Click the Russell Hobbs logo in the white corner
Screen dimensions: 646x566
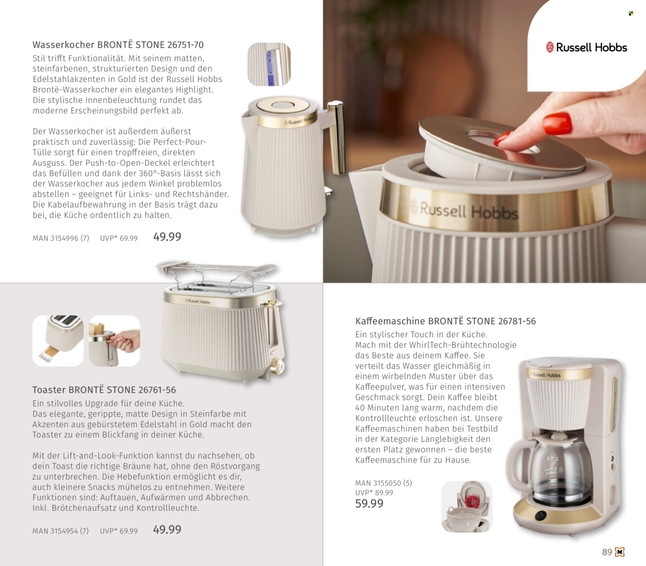click(x=587, y=48)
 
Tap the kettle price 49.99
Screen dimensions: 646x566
click(x=167, y=237)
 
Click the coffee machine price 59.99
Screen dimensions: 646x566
click(x=369, y=503)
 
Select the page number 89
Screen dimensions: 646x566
click(x=607, y=552)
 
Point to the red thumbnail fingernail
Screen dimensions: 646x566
click(x=557, y=123)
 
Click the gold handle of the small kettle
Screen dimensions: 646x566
click(x=337, y=136)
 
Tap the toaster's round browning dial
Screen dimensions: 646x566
click(x=277, y=367)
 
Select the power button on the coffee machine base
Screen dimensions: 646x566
click(x=540, y=515)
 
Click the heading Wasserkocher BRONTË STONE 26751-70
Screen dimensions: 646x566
click(x=118, y=45)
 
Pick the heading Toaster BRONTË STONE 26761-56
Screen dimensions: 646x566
click(x=104, y=390)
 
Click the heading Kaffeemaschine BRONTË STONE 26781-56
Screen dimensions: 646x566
click(x=445, y=321)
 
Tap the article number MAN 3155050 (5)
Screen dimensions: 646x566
click(x=383, y=483)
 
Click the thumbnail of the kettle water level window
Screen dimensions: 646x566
click(x=269, y=64)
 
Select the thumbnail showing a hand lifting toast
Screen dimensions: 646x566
click(x=114, y=340)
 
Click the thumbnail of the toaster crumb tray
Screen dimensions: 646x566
click(x=58, y=340)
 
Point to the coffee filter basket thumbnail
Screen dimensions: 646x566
click(x=467, y=507)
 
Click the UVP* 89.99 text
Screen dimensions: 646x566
click(x=374, y=493)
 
